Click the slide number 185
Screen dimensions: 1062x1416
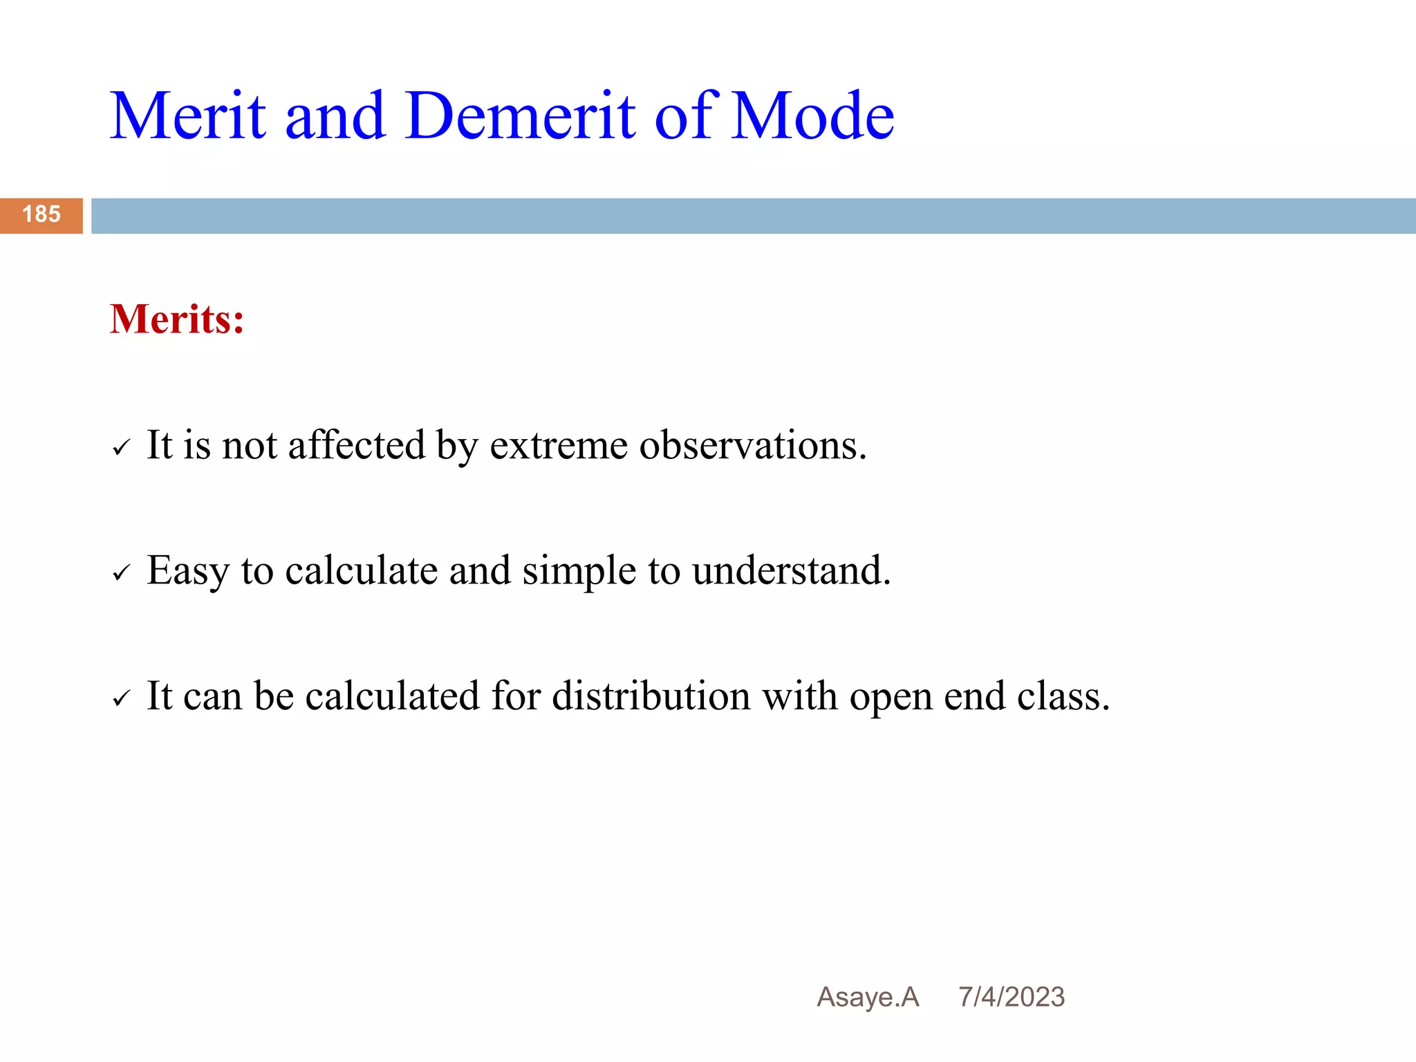pyautogui.click(x=41, y=214)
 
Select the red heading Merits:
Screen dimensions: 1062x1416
pyautogui.click(x=177, y=319)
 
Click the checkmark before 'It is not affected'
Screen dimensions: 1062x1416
pyautogui.click(x=121, y=448)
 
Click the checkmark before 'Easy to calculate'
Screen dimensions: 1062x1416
pyautogui.click(x=121, y=573)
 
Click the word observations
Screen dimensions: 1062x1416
pyautogui.click(x=752, y=446)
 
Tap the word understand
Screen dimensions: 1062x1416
pyautogui.click(x=790, y=571)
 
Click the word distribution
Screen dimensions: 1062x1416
pyautogui.click(x=651, y=696)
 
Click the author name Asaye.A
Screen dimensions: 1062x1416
pyautogui.click(x=868, y=998)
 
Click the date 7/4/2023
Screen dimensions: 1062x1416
pyautogui.click(x=1011, y=998)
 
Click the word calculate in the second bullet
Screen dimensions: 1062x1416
pyautogui.click(x=361, y=571)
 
